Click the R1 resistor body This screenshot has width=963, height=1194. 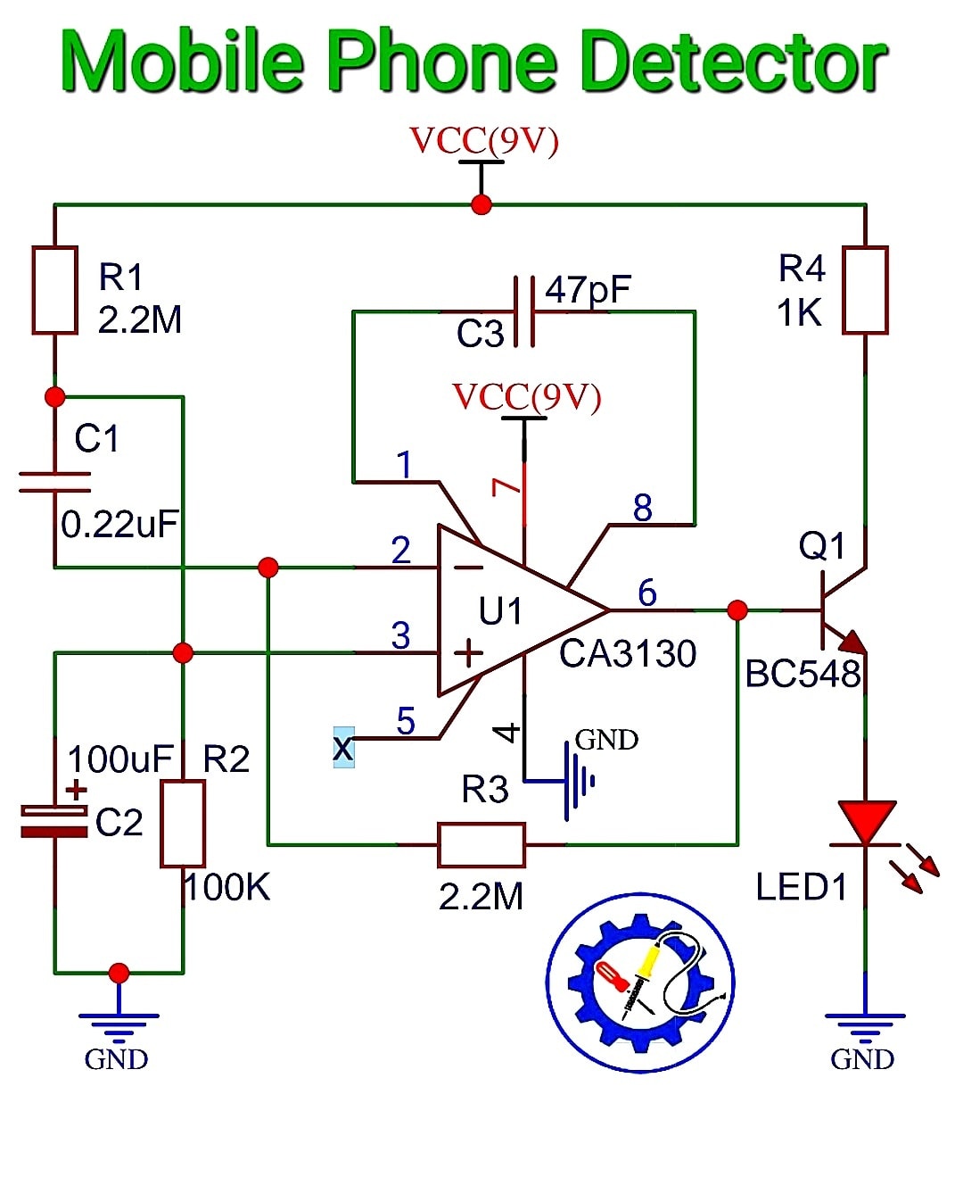tap(54, 290)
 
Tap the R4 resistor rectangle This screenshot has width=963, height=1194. tap(865, 290)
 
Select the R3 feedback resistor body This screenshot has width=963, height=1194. tap(481, 844)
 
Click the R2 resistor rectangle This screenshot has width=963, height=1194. tap(183, 824)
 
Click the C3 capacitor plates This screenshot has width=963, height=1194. tap(523, 311)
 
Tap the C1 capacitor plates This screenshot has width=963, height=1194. tap(54, 482)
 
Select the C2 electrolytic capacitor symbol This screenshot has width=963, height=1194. tap(53, 820)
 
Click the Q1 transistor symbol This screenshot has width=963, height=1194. tap(844, 611)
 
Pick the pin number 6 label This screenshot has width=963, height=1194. tap(647, 592)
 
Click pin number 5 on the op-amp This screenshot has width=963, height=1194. tap(406, 720)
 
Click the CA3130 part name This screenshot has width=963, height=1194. tap(628, 653)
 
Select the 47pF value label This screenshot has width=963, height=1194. tap(588, 290)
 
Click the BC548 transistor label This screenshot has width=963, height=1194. tap(802, 673)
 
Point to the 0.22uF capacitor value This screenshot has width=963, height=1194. tap(119, 525)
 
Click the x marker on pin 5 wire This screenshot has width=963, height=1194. tap(343, 747)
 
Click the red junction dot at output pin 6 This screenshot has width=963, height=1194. tap(737, 609)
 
